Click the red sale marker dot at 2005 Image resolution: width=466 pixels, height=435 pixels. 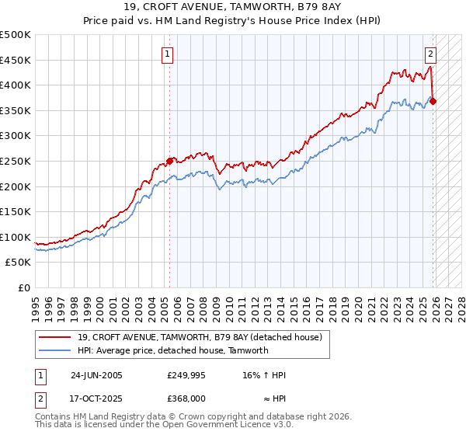tap(169, 161)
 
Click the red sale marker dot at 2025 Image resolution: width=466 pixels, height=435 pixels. tap(433, 101)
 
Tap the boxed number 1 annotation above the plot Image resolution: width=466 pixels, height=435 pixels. tap(168, 54)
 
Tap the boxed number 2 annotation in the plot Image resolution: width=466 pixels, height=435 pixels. tap(430, 54)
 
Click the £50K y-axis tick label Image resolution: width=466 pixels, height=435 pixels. tap(19, 263)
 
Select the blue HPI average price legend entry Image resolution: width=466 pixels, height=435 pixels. tap(172, 350)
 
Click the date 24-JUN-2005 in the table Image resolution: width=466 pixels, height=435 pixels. tap(96, 375)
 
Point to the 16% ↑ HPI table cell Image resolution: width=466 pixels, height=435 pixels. tap(263, 375)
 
